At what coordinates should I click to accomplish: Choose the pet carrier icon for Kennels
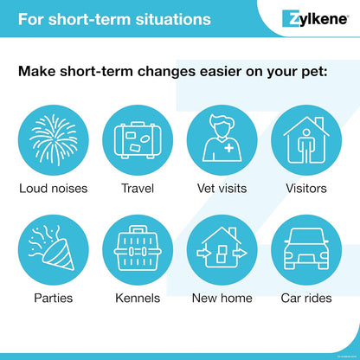pos(137,250)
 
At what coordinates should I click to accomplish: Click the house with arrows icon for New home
pos(222,250)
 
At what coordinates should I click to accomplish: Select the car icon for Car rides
pos(306,250)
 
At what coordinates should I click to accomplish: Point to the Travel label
pos(137,188)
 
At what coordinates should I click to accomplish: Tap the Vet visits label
pos(222,188)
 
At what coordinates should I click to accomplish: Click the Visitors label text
pos(306,188)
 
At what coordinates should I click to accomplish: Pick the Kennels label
pos(137,299)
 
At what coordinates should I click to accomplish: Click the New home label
pos(222,299)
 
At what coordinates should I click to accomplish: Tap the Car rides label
pos(306,299)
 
